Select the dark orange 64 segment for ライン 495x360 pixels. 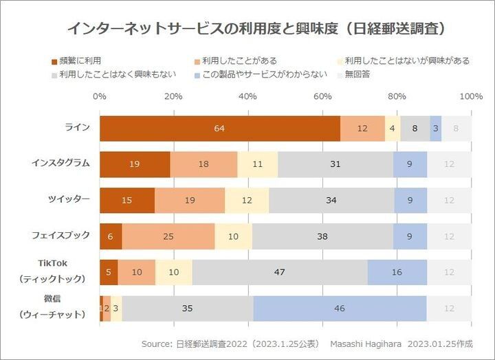(x=219, y=128)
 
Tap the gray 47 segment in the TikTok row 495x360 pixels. (x=279, y=272)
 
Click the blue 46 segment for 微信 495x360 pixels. (x=339, y=308)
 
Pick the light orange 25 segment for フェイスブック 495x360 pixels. (x=168, y=236)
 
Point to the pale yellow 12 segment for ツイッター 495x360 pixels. (x=247, y=201)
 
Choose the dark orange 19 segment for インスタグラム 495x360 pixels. (x=135, y=164)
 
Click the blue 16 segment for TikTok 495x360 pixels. (x=397, y=272)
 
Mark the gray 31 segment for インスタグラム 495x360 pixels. (x=335, y=164)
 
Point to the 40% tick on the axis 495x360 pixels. (x=248, y=96)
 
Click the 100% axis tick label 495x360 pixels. (x=471, y=96)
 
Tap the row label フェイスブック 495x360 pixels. (x=61, y=235)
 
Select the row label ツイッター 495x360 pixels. (x=69, y=199)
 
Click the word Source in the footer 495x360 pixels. (x=155, y=344)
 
